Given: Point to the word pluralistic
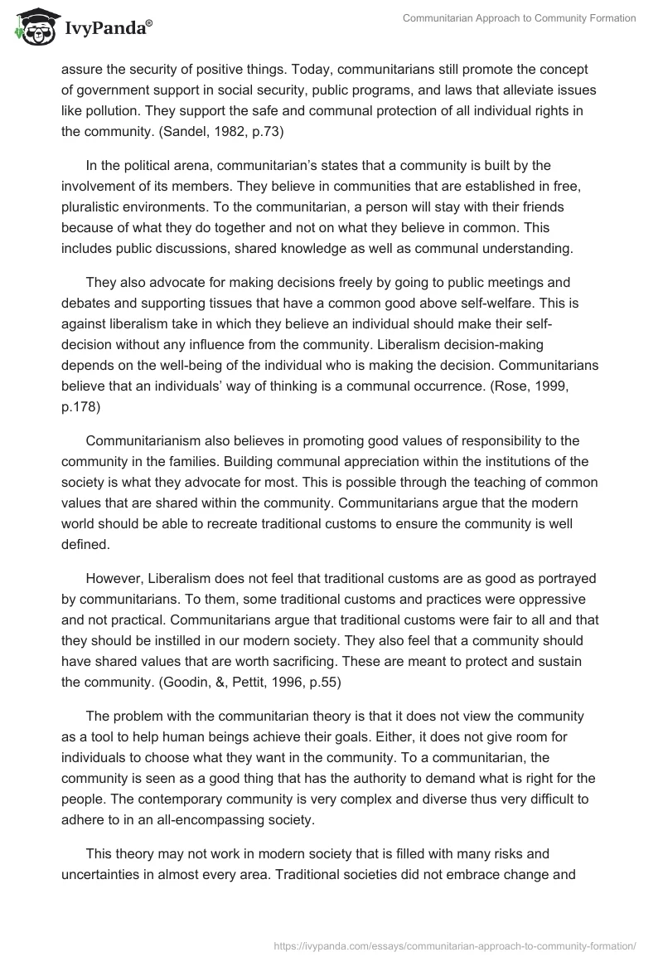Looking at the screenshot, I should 98,205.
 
